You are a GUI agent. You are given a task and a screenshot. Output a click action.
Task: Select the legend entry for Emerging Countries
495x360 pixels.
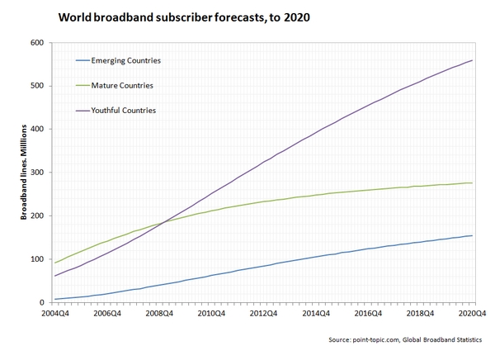[125, 60]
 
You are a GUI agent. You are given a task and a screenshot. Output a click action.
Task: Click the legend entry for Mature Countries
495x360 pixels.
[122, 85]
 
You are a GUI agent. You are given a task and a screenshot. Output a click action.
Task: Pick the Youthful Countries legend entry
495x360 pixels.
[124, 110]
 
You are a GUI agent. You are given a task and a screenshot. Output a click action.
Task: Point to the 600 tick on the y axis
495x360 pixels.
[38, 43]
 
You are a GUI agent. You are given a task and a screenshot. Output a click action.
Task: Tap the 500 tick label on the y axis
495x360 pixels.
[38, 86]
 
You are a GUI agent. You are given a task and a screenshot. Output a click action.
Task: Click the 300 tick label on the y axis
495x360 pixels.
[38, 173]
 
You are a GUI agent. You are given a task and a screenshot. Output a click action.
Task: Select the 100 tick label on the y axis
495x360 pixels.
[38, 259]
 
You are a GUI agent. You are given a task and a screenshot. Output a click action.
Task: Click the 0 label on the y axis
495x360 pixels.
[43, 303]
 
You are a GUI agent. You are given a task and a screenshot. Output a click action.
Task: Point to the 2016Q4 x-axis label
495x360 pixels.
[368, 315]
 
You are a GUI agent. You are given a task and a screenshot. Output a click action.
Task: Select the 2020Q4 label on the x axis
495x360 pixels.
[472, 315]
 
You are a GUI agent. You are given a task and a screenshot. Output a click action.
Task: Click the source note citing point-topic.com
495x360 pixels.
[409, 340]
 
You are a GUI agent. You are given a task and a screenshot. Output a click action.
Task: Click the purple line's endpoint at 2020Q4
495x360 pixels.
[472, 60]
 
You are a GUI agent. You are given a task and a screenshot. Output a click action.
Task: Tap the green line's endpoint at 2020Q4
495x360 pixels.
[472, 182]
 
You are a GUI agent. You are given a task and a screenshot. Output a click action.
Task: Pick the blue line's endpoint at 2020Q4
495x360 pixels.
[472, 235]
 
